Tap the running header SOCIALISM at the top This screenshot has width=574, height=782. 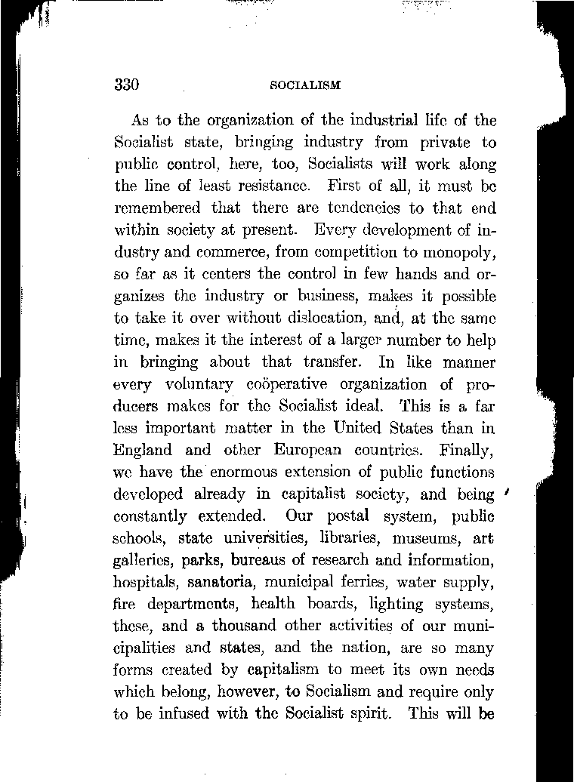305,85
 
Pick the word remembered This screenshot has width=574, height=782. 157,207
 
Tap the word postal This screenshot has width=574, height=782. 338,517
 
